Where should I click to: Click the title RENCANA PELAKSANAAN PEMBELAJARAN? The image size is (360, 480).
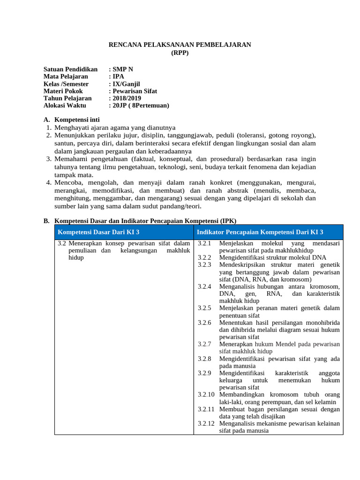coord(180,45)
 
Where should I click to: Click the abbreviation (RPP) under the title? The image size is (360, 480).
coord(180,52)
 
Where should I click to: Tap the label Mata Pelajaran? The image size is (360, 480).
coord(66,76)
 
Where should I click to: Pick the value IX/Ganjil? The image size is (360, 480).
coord(124,84)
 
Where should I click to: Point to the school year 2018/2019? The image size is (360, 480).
coord(125,98)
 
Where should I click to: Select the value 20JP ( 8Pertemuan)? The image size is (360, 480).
coord(139,105)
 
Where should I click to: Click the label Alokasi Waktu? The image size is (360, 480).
coord(65,105)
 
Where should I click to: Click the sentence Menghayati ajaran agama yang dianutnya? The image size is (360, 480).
coord(115,127)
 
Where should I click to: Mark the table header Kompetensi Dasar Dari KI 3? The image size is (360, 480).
coord(98,232)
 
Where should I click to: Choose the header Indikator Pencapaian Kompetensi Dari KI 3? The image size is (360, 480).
coord(260,232)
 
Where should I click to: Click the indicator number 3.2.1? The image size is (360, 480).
coord(204,243)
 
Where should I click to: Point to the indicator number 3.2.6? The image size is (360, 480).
coord(204,322)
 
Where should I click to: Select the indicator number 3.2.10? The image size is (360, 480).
coord(206,395)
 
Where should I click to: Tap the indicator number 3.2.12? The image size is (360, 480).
coord(206,423)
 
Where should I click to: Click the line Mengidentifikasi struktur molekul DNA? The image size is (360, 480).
coord(272,257)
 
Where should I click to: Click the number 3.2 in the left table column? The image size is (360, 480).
coord(61,243)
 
